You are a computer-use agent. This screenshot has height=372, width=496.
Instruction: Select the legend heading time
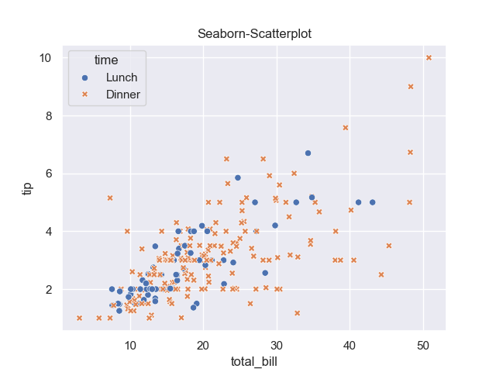(x=106, y=60)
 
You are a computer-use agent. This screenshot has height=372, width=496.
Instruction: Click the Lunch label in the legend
(x=122, y=77)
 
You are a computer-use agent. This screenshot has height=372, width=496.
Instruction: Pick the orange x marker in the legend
(x=85, y=95)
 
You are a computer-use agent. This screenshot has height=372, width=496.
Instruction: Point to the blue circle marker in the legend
(x=85, y=77)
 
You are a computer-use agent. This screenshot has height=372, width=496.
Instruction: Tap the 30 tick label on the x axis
(x=277, y=344)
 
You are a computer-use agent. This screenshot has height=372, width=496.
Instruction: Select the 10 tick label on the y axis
(x=45, y=58)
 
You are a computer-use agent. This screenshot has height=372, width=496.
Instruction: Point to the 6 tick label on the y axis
(x=48, y=174)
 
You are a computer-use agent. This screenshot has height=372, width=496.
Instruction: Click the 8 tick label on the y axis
(x=48, y=116)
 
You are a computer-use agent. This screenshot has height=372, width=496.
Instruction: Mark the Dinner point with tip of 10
(x=429, y=57)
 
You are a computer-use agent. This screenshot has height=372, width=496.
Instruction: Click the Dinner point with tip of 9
(x=411, y=87)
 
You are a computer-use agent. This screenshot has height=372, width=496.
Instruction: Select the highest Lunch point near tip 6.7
(x=308, y=153)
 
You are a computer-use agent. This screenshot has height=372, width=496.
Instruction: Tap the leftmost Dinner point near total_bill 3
(x=79, y=318)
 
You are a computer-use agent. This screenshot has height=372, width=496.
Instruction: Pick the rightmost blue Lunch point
(x=372, y=202)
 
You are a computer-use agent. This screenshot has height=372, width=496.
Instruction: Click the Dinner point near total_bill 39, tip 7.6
(x=346, y=127)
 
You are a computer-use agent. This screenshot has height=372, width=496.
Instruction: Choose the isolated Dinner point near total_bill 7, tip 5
(x=110, y=198)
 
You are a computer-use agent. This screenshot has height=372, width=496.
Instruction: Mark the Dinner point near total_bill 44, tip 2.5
(x=381, y=274)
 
